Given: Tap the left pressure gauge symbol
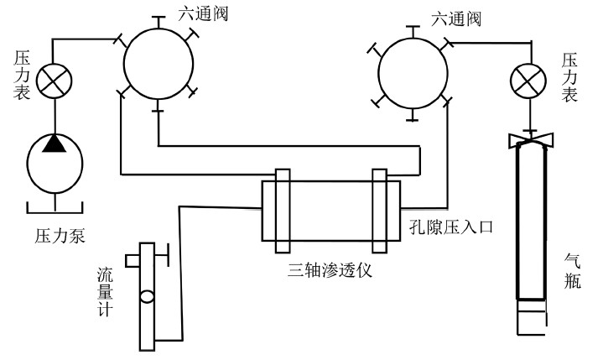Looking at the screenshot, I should (x=55, y=81).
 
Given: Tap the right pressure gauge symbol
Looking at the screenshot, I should (x=528, y=82).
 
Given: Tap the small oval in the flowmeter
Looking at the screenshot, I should (x=147, y=296).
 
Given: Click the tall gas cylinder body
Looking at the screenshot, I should (x=531, y=227).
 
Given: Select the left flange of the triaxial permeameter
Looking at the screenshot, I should (x=281, y=210).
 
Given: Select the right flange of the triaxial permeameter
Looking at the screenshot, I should (x=380, y=210).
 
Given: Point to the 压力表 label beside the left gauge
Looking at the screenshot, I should (x=23, y=76).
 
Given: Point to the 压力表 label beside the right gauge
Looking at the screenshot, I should (x=569, y=76).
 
